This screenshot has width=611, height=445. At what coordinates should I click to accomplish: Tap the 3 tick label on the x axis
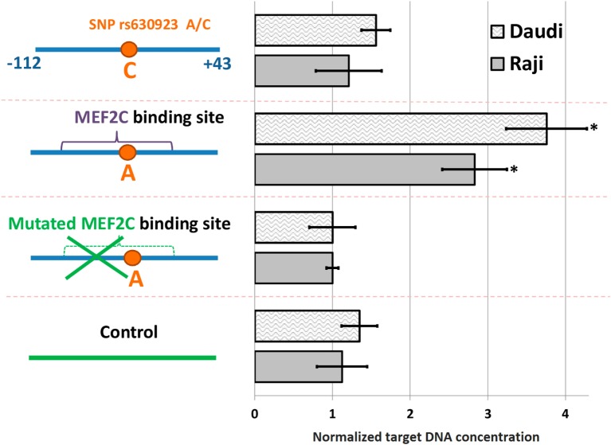(x=488, y=413)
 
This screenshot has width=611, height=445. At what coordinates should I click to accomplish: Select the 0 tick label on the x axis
(x=254, y=413)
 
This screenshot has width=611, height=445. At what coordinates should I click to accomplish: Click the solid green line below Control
(x=122, y=358)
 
